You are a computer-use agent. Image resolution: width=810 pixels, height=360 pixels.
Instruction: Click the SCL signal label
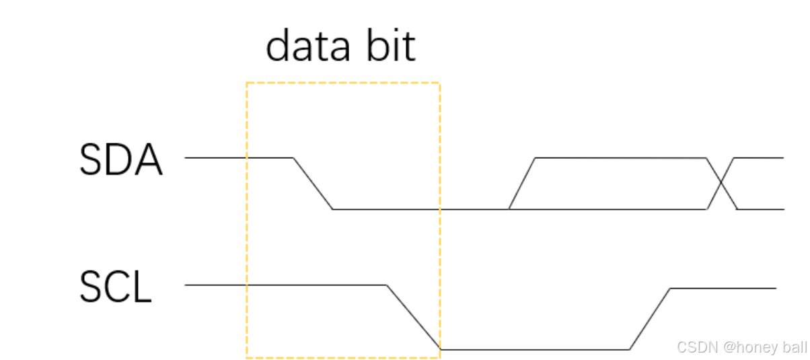[115, 288]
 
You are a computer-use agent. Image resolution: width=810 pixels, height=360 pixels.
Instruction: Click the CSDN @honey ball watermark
[741, 347]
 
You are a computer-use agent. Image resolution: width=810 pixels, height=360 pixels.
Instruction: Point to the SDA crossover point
[721, 183]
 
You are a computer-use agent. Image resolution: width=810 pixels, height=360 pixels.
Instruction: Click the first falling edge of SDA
[313, 183]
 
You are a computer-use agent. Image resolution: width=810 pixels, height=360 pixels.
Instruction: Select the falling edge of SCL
[413, 317]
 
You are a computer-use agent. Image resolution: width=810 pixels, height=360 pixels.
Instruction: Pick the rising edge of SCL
[650, 319]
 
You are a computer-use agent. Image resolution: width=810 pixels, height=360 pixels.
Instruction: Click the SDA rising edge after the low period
[522, 183]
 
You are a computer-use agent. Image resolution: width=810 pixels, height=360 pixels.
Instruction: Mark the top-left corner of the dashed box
[247, 83]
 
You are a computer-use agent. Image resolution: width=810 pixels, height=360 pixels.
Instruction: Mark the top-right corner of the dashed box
[439, 83]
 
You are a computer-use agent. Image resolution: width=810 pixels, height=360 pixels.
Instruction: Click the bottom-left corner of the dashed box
[247, 357]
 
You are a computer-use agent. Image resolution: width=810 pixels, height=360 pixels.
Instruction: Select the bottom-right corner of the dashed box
[439, 357]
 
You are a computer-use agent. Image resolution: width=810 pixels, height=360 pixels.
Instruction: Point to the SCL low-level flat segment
[535, 349]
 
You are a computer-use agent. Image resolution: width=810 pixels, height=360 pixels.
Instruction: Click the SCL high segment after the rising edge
[723, 288]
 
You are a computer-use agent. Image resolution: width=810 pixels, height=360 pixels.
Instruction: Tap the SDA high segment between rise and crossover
[619, 158]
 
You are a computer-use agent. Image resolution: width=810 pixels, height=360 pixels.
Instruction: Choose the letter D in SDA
[120, 161]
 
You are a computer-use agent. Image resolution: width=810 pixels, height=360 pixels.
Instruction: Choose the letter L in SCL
[143, 288]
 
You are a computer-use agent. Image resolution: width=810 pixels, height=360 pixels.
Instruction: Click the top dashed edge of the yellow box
[343, 83]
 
